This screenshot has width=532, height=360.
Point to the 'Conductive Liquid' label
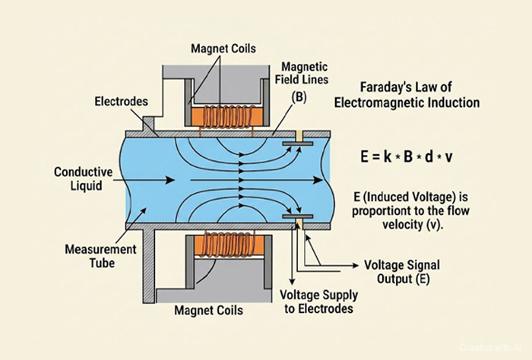[x=82, y=179]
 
